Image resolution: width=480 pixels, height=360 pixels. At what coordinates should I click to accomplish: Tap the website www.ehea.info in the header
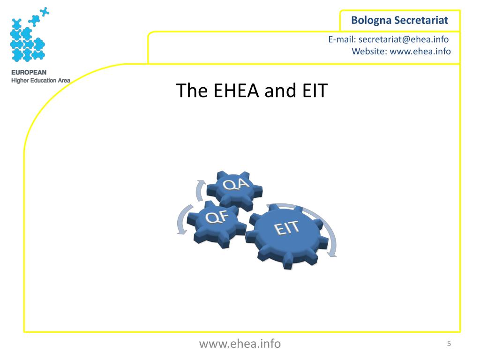click(x=420, y=52)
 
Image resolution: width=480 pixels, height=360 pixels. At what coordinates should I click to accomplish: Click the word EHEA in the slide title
click(x=237, y=90)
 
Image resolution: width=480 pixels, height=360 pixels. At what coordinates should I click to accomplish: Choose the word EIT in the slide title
click(x=311, y=90)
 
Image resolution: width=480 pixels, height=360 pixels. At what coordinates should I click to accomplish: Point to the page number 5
click(x=449, y=344)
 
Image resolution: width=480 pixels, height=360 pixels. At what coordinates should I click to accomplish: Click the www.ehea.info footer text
click(x=240, y=344)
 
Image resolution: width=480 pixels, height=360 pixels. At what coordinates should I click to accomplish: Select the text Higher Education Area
click(x=40, y=80)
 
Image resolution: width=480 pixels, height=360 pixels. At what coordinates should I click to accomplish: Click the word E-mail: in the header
click(x=342, y=40)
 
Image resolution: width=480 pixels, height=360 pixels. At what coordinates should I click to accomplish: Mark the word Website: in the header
click(x=369, y=52)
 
